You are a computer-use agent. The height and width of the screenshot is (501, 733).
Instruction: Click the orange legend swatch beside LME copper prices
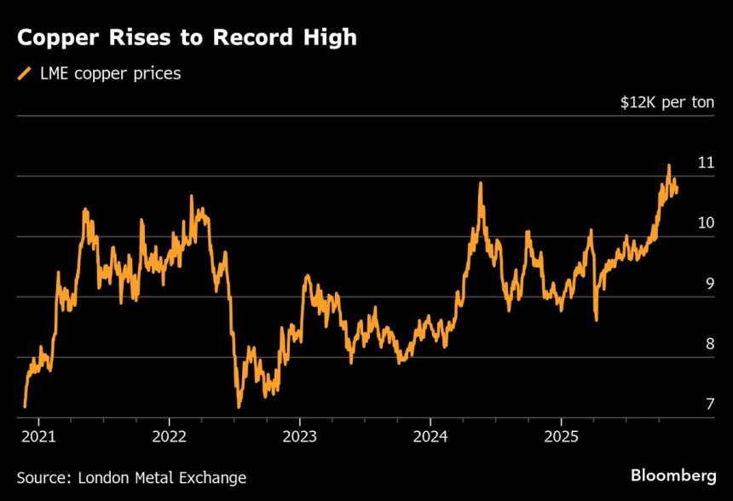coord(25,74)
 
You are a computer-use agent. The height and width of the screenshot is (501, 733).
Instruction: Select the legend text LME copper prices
coord(108,74)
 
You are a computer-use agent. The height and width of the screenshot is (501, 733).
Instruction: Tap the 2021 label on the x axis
coord(38,435)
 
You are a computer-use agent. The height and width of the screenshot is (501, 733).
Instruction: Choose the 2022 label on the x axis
coord(169,435)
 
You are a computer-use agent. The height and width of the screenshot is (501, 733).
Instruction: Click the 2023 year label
coord(299,435)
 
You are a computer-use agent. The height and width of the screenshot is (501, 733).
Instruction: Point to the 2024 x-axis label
coord(430,435)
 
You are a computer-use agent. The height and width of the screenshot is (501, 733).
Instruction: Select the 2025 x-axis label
coord(561,435)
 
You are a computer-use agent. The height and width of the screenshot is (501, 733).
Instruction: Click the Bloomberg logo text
coord(672,475)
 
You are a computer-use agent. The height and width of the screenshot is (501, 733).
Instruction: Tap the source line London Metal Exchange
coord(131,478)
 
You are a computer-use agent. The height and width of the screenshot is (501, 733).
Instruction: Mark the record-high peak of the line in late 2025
coord(669,165)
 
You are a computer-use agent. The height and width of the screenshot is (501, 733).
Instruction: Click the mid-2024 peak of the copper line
coord(481,183)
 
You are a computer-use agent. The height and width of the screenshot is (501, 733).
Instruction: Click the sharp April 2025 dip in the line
coord(596,320)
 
